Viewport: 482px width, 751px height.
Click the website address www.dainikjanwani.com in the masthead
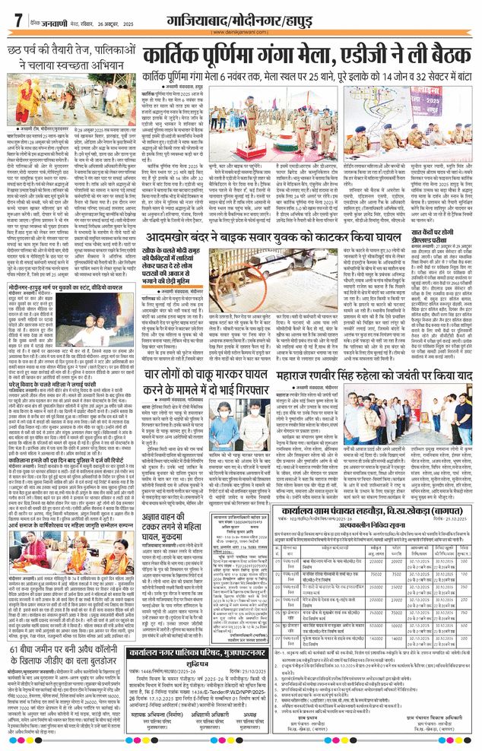tap(240, 33)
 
